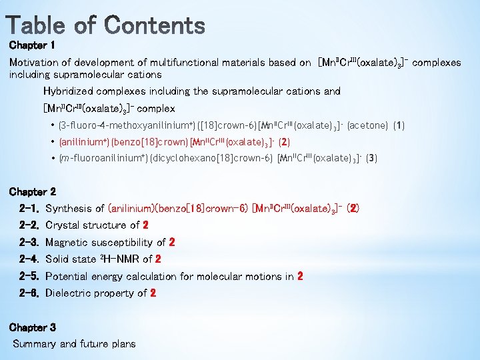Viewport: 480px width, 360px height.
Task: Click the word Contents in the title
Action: coord(155,25)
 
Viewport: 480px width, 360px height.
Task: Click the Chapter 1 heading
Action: coord(31,46)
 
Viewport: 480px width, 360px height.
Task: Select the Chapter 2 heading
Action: coord(32,192)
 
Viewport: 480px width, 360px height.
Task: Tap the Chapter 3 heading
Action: coord(32,327)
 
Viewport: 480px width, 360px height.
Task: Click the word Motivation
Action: coord(34,63)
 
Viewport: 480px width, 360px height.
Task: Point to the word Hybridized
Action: coord(69,91)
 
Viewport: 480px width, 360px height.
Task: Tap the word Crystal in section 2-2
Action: coord(64,225)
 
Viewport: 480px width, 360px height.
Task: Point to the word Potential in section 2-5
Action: coord(68,277)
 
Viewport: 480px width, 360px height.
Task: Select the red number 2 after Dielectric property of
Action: coord(153,293)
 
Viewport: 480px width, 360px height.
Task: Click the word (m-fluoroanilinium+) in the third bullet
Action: coord(96,159)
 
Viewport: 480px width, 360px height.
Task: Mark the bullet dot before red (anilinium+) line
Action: coord(53,142)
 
